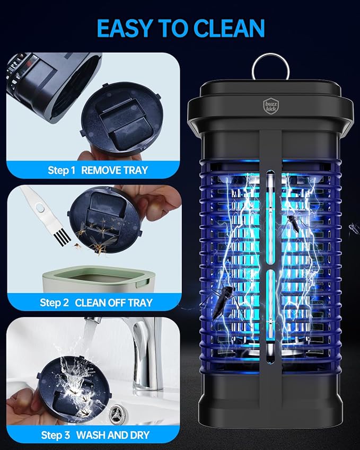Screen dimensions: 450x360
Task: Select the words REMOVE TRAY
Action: (x=115, y=171)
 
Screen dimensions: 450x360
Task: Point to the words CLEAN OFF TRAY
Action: (x=113, y=303)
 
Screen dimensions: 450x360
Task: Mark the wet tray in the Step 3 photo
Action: (x=74, y=387)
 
